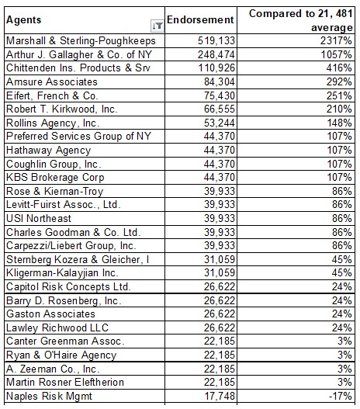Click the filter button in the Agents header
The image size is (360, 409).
(157, 26)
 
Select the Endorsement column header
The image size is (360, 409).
(200, 20)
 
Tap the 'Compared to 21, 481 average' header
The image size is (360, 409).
(300, 20)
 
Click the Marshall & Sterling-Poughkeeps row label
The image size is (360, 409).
(81, 40)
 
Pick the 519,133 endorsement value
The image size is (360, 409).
(216, 40)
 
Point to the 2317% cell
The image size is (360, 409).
(336, 40)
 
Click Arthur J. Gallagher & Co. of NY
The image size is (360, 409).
(79, 54)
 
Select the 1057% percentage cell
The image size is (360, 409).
(336, 54)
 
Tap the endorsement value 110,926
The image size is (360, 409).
(216, 68)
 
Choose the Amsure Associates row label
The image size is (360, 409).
(52, 82)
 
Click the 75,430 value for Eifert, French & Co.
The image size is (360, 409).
(220, 95)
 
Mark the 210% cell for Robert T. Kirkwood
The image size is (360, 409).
(339, 109)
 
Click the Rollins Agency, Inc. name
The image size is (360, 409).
(53, 123)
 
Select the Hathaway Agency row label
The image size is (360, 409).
(48, 151)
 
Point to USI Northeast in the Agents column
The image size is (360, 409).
(39, 218)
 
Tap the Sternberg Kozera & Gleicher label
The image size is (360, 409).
(78, 259)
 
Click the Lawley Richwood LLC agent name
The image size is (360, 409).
(57, 328)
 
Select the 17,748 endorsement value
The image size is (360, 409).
(220, 396)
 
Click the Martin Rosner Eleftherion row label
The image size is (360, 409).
(65, 382)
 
